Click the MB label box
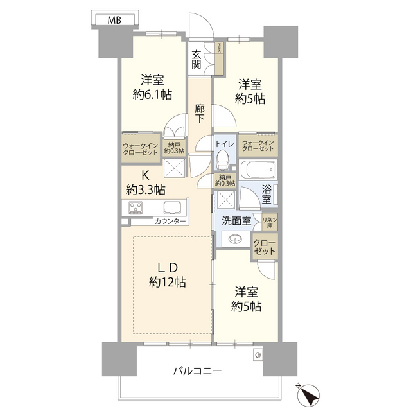[x=115, y=20]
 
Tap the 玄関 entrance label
[x=197, y=59]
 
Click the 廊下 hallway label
[x=200, y=114]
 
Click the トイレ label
[x=224, y=143]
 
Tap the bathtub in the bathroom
[x=258, y=171]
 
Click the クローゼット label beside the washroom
[x=265, y=247]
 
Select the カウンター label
[x=170, y=222]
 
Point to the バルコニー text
[x=197, y=371]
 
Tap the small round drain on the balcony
[x=258, y=354]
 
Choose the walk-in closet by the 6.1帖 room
[x=141, y=148]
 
